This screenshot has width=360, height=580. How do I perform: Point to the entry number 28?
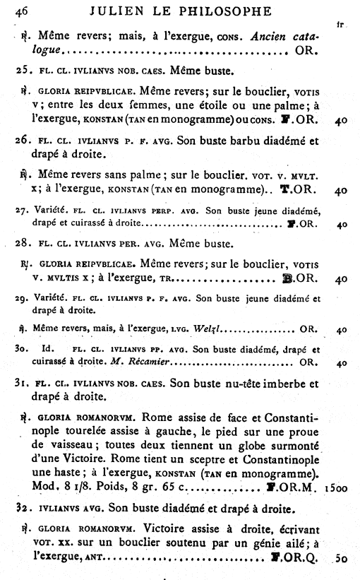pyautogui.click(x=23, y=245)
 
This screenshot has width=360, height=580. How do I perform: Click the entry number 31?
pyautogui.click(x=23, y=384)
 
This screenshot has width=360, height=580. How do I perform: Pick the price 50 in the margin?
pyautogui.click(x=341, y=558)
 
